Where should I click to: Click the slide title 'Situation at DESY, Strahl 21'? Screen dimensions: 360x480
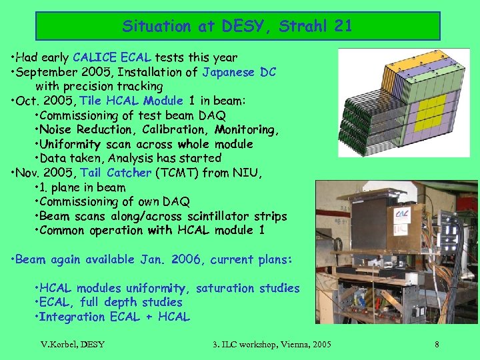click(237, 27)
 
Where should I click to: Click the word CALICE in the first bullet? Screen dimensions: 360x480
click(97, 58)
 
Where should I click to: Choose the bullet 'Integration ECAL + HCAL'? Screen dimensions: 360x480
click(114, 317)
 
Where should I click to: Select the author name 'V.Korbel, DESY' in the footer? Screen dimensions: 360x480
click(73, 344)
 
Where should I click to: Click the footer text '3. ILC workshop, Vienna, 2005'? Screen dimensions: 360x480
click(271, 344)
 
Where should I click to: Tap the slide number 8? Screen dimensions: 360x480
click(437, 344)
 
